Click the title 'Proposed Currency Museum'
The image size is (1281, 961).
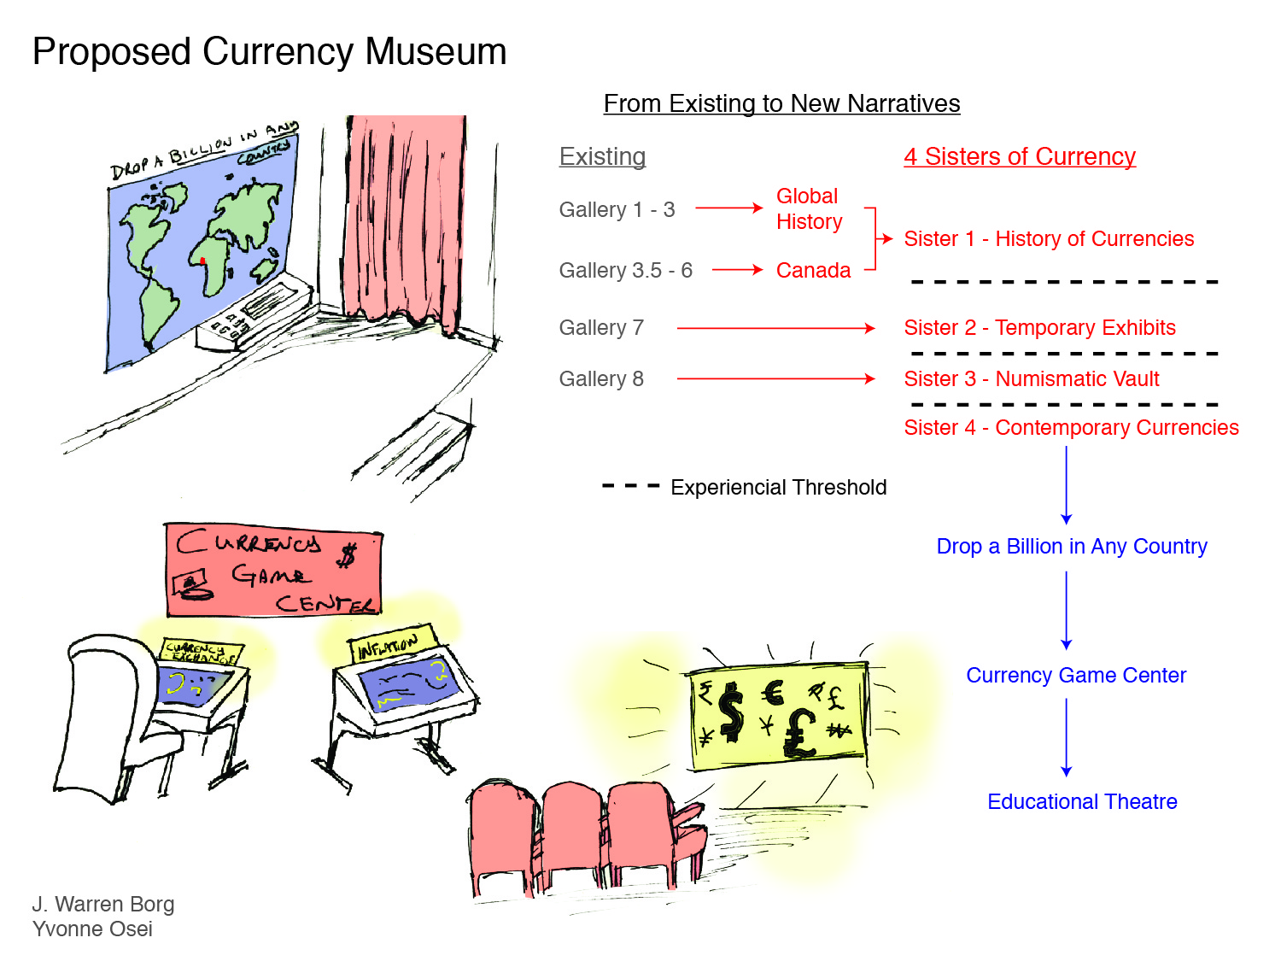click(269, 52)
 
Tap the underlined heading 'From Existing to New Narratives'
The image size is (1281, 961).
click(781, 103)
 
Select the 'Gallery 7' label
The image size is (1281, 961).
click(601, 328)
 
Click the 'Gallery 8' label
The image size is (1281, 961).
click(601, 379)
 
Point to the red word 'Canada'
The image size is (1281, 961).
click(813, 271)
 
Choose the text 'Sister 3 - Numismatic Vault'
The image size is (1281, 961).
click(1032, 379)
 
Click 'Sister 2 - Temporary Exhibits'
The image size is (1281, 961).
click(1039, 328)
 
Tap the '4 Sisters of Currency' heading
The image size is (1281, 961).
click(1020, 157)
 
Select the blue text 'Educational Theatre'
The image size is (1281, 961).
click(1082, 802)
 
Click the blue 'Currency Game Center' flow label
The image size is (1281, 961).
click(1076, 676)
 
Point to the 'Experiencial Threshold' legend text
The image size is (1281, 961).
click(778, 488)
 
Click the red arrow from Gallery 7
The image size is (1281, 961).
click(775, 328)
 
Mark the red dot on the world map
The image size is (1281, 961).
click(202, 261)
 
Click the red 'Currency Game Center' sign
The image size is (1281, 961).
click(273, 570)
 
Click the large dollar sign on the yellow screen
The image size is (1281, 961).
click(731, 712)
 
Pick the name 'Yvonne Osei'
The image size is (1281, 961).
click(92, 929)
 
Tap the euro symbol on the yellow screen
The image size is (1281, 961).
click(773, 692)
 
